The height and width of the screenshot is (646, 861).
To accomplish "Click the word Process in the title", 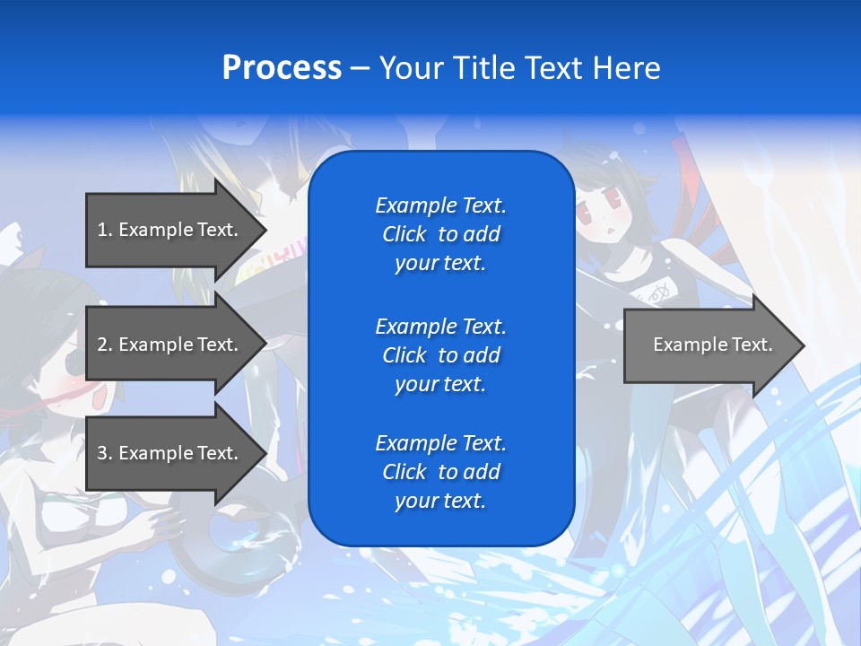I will coord(282,68).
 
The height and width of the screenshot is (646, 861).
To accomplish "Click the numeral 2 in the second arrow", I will coord(102,345).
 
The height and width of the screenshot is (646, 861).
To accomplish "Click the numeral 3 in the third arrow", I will coord(102,453).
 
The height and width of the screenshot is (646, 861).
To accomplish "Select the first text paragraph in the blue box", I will coord(440,234).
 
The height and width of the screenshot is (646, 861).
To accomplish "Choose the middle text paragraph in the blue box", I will coord(440,355).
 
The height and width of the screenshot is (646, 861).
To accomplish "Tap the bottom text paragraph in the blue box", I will coord(440,472).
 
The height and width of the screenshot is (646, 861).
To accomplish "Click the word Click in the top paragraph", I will coord(404,234).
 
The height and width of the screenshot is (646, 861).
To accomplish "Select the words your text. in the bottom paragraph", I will coord(440,501).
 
